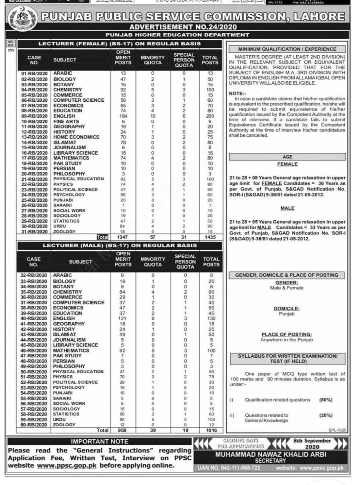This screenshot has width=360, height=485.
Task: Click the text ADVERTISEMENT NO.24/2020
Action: pyautogui.click(x=183, y=27)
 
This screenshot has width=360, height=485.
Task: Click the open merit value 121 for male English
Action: pyautogui.click(x=123, y=318)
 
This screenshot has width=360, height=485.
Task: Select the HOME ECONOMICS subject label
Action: pyautogui.click(x=76, y=137)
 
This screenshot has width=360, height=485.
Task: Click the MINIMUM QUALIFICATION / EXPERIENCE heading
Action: pyautogui.click(x=287, y=49)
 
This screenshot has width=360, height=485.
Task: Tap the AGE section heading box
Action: pyautogui.click(x=287, y=157)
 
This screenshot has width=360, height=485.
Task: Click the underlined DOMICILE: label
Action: pyautogui.click(x=287, y=308)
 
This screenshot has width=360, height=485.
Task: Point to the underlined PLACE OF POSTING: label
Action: pyautogui.click(x=287, y=335)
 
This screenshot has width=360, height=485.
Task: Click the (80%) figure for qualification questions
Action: pyautogui.click(x=325, y=400)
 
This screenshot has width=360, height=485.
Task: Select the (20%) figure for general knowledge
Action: pyautogui.click(x=325, y=416)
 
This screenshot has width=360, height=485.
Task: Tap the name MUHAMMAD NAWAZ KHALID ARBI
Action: pyautogui.click(x=271, y=455)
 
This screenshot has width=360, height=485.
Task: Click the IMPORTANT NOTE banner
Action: pyautogui.click(x=100, y=442)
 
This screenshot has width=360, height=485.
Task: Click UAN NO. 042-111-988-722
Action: pyautogui.click(x=230, y=468)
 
